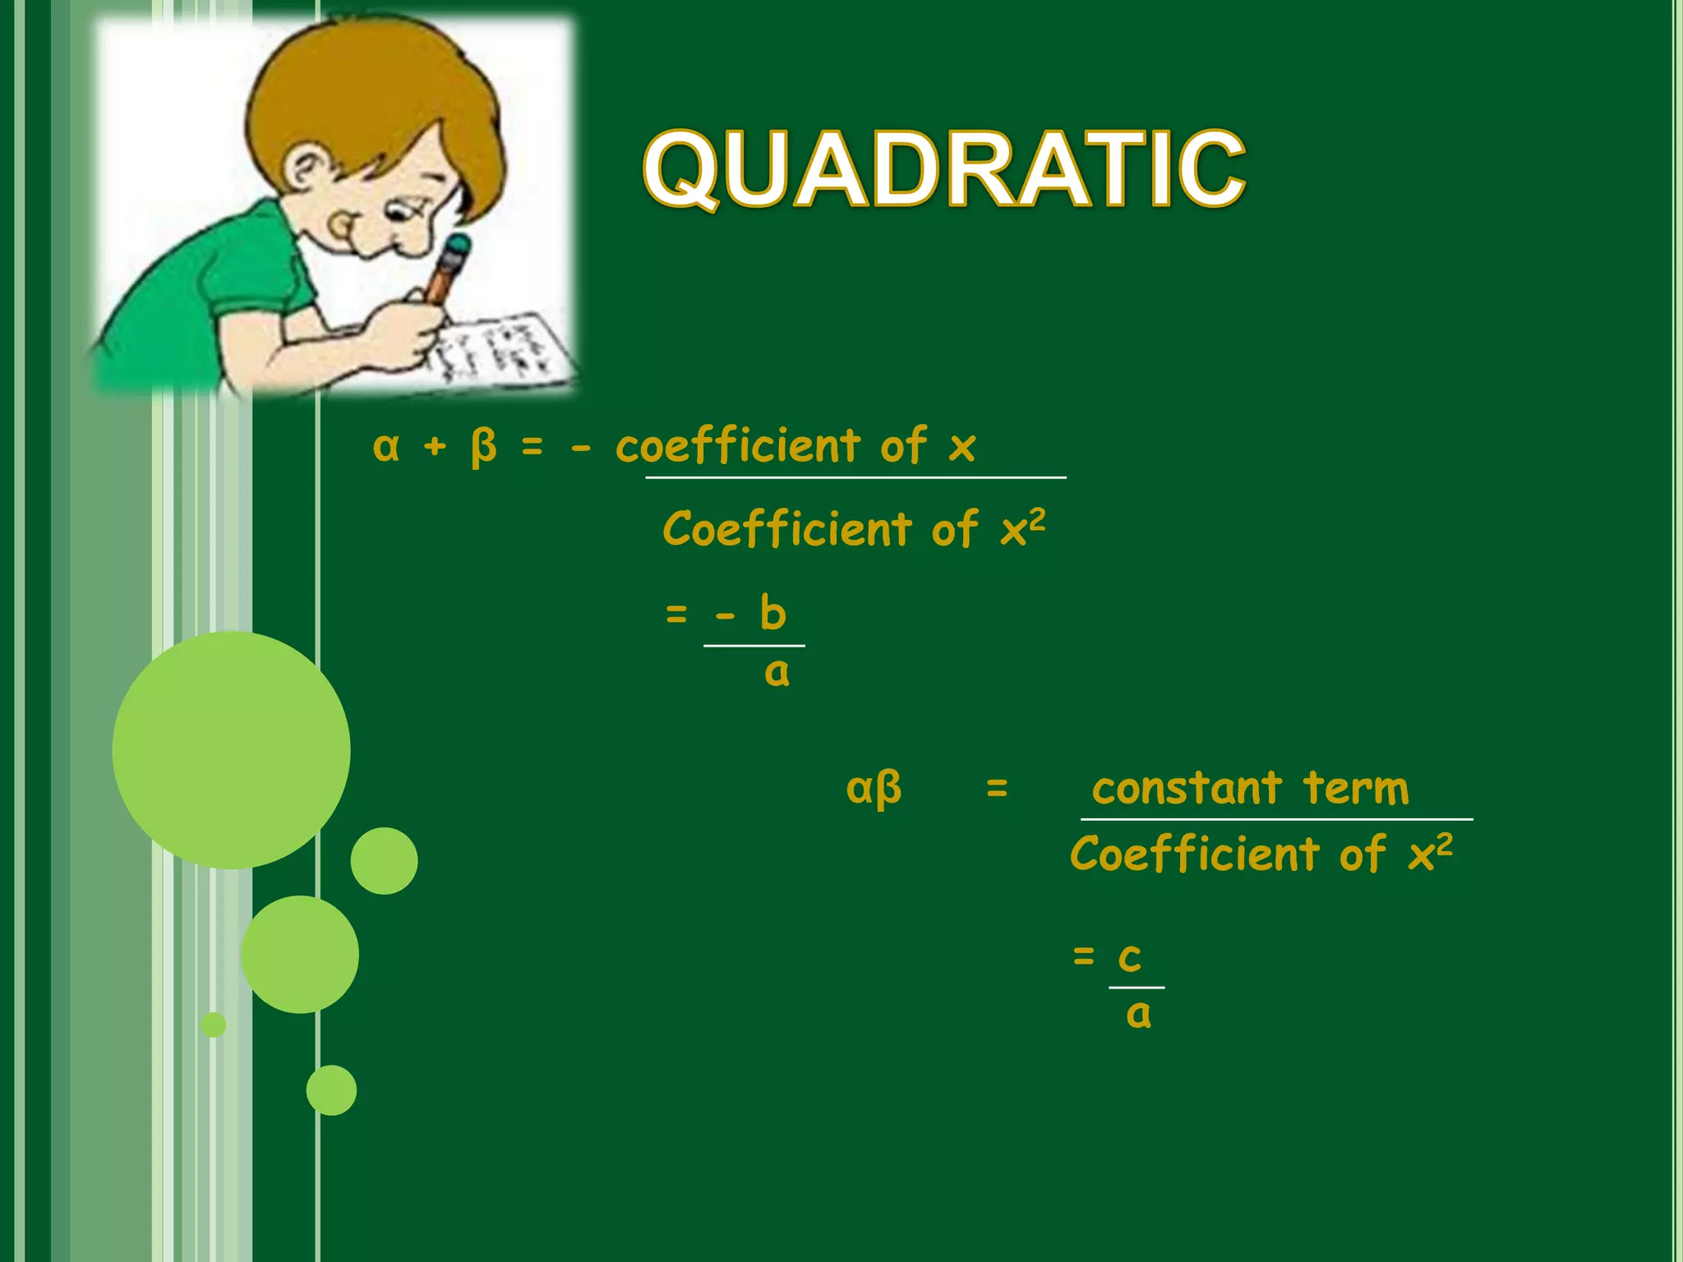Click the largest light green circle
pyautogui.click(x=231, y=749)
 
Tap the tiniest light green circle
pyautogui.click(x=214, y=1025)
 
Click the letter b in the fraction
pyautogui.click(x=772, y=613)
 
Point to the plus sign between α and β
pyautogui.click(x=435, y=447)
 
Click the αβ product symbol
pyautogui.click(x=874, y=789)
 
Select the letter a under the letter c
pyautogui.click(x=1138, y=1015)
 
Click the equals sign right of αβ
pyautogui.click(x=997, y=789)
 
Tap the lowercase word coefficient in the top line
pyautogui.click(x=737, y=447)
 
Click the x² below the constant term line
pyautogui.click(x=1430, y=853)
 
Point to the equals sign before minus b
pyautogui.click(x=676, y=614)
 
